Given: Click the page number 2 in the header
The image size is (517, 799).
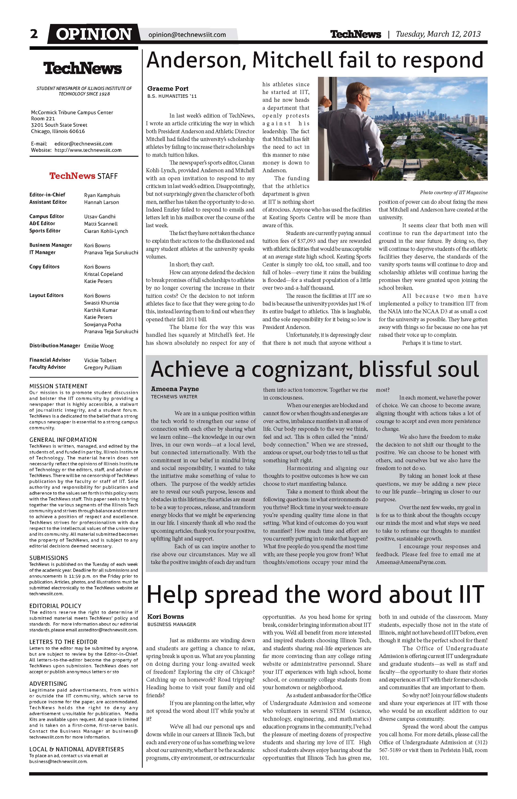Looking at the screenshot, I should (x=34, y=34).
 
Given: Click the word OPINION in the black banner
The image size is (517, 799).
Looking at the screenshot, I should (x=94, y=34).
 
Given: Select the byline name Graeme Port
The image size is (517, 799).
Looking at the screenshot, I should (x=168, y=89).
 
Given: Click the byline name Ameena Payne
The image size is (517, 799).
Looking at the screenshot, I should (x=175, y=389).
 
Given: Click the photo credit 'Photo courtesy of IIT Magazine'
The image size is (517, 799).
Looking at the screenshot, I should (x=454, y=193).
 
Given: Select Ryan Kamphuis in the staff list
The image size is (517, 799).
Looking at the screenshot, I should (x=102, y=195).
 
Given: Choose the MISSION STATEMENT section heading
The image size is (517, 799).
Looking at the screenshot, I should (x=59, y=386).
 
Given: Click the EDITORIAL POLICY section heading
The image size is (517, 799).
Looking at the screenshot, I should (x=55, y=606).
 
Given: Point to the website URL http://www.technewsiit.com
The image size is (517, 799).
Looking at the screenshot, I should (x=88, y=150).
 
